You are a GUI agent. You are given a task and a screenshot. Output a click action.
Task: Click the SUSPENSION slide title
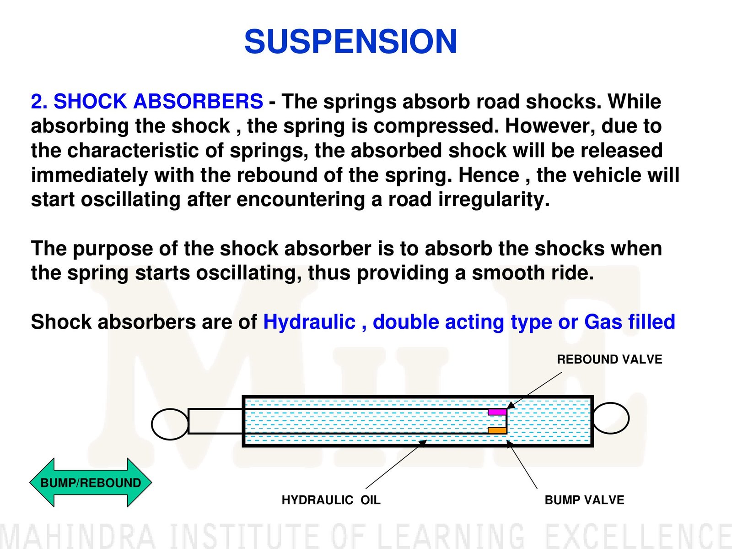[350, 42]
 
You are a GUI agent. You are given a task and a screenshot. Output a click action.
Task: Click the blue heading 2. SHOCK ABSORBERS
[147, 102]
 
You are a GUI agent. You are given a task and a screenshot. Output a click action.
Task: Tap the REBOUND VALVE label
[609, 359]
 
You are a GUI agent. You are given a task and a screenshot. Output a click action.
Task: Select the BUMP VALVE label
[584, 500]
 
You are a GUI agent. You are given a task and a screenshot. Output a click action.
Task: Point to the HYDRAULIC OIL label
[331, 500]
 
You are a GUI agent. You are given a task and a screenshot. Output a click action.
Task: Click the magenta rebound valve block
[497, 412]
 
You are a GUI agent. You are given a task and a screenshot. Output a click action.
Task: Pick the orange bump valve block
[497, 430]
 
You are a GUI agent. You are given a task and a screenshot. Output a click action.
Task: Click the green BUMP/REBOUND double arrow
[91, 483]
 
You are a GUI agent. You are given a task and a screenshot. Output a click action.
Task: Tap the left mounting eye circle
[170, 424]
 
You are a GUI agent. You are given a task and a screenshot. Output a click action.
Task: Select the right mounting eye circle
[610, 418]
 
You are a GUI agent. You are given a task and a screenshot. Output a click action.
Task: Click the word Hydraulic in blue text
[309, 322]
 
